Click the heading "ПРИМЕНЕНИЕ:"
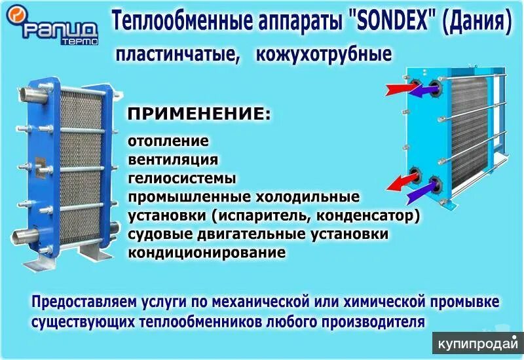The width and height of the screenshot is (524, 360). [x=198, y=114]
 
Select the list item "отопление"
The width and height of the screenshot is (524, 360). [x=168, y=141]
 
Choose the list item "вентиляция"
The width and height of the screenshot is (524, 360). [x=173, y=159]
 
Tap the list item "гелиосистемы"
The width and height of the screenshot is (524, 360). [x=181, y=177]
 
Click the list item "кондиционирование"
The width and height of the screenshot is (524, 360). [x=206, y=252]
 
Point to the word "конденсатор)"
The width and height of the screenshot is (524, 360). [x=373, y=215]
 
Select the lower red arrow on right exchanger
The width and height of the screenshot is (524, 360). [x=395, y=181]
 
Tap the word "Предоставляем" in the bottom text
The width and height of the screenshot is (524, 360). [x=81, y=302]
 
